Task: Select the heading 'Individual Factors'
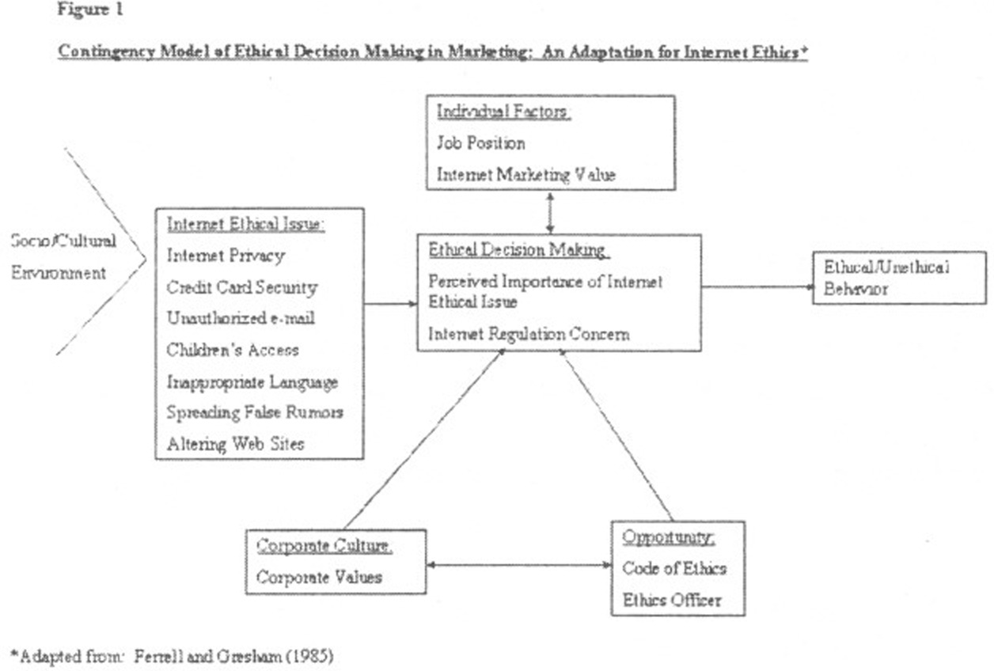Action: pyautogui.click(x=503, y=112)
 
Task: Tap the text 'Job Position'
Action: pyautogui.click(x=480, y=143)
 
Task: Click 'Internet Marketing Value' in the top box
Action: pyautogui.click(x=525, y=174)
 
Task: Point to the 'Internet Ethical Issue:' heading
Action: pyautogui.click(x=245, y=224)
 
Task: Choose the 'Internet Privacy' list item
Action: pyautogui.click(x=226, y=256)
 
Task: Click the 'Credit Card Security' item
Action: pyautogui.click(x=242, y=286)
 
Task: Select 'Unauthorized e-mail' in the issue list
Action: pyautogui.click(x=239, y=318)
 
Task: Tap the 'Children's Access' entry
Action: pyautogui.click(x=233, y=350)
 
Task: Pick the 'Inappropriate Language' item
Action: pyautogui.click(x=252, y=382)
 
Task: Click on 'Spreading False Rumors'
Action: pyautogui.click(x=255, y=412)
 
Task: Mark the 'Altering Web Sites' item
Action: pyautogui.click(x=235, y=444)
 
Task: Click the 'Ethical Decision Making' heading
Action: pyautogui.click(x=518, y=250)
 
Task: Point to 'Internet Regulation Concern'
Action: pyautogui.click(x=529, y=334)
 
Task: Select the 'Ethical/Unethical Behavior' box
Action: pyautogui.click(x=899, y=278)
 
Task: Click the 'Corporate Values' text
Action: pyautogui.click(x=319, y=576)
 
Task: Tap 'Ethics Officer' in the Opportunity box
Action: pyautogui.click(x=672, y=600)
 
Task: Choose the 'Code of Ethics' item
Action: pyautogui.click(x=674, y=568)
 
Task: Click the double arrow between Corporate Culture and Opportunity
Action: pyautogui.click(x=518, y=565)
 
